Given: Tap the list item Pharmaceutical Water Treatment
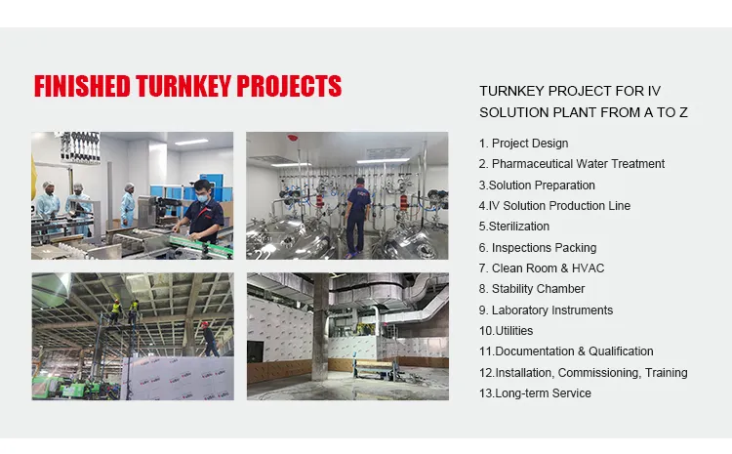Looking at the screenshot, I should click(x=571, y=164).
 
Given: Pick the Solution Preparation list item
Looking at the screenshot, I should click(x=537, y=186).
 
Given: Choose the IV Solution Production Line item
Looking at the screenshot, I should click(x=554, y=206).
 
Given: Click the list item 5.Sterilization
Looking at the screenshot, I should click(x=514, y=227).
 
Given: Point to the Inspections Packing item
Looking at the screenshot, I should click(x=538, y=248).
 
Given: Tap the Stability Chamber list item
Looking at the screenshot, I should click(x=532, y=289).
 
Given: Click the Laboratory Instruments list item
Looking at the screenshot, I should click(x=546, y=310).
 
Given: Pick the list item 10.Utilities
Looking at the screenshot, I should click(x=506, y=331).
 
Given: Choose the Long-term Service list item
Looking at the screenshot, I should click(x=535, y=393).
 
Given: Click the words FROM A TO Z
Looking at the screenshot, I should click(x=642, y=112).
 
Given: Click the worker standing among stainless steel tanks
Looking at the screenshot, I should click(x=356, y=210).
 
